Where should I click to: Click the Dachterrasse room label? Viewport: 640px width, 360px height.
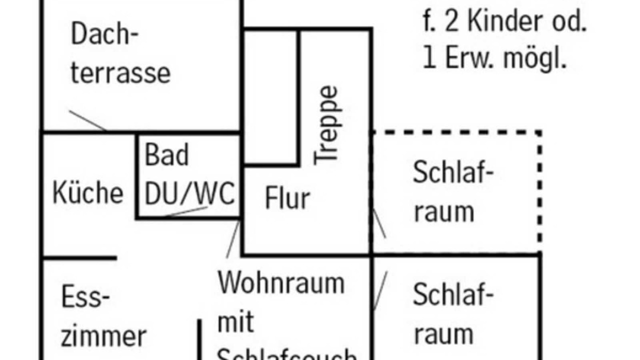click(x=120, y=55)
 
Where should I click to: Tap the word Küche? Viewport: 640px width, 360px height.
click(x=87, y=193)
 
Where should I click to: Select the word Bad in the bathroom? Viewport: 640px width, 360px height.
click(x=166, y=155)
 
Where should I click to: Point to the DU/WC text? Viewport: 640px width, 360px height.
click(x=189, y=193)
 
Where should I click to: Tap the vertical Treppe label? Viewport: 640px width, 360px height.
click(x=327, y=125)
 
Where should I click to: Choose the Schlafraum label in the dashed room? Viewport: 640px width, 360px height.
click(x=452, y=192)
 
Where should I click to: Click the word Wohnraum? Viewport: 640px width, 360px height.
click(x=281, y=283)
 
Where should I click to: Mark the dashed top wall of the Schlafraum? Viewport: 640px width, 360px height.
click(x=455, y=133)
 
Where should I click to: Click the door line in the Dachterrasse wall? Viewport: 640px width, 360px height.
click(x=87, y=120)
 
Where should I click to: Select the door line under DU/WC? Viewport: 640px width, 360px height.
click(x=185, y=211)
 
